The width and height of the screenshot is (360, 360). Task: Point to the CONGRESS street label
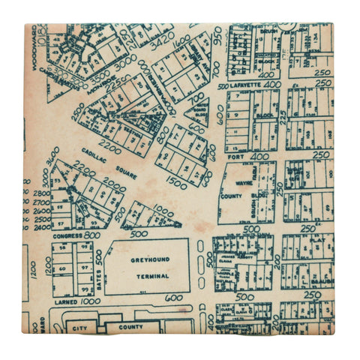[x=67, y=235]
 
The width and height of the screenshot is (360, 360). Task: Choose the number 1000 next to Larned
[x=90, y=301]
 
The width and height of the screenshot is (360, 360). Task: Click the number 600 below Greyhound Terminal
[x=174, y=298]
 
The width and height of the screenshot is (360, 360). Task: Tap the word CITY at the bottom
[x=78, y=328]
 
